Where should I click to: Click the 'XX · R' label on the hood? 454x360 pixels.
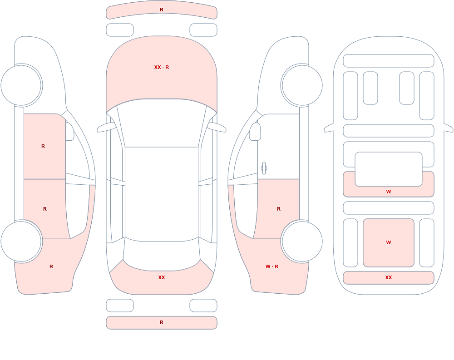(162, 67)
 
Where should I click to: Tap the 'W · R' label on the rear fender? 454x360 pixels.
(272, 266)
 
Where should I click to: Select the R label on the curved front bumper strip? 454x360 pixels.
(162, 10)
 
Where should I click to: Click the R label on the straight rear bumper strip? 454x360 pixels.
(162, 322)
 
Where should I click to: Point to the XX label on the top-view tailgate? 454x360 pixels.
(162, 277)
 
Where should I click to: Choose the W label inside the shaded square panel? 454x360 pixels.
(389, 242)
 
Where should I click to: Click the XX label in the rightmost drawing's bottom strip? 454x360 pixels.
(389, 277)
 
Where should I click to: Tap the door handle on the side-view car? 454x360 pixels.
(264, 168)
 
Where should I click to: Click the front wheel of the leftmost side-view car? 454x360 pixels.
(21, 85)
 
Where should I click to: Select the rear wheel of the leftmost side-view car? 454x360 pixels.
(21, 241)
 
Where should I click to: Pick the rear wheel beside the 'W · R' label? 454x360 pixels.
(302, 241)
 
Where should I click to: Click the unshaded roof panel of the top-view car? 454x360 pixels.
(162, 194)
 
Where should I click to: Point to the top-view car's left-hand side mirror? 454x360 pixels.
(106, 127)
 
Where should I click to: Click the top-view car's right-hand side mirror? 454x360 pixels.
(217, 127)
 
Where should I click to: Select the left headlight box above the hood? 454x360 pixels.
(120, 30)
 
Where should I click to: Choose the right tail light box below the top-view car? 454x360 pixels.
(203, 306)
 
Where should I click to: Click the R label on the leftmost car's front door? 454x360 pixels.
(43, 146)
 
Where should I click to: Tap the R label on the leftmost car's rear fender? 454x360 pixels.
(51, 266)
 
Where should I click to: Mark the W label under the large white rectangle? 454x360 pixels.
(389, 192)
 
